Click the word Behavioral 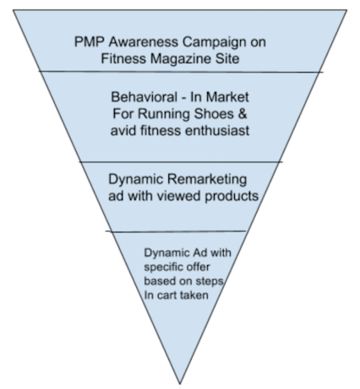[144, 97]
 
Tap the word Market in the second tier [227, 97]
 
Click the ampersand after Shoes [243, 114]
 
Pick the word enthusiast [217, 130]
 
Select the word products [232, 196]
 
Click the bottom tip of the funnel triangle [180, 384]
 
